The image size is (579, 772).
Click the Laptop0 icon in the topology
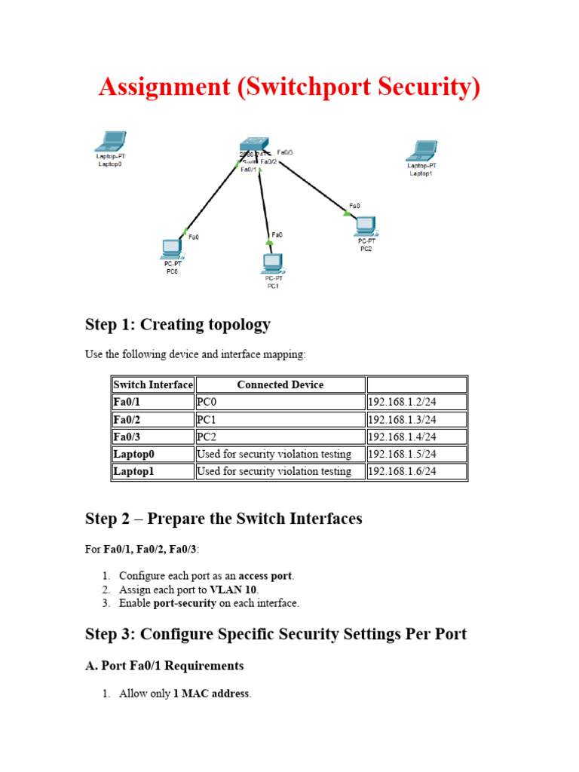pos(111,142)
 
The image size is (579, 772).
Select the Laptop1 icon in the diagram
pos(422,151)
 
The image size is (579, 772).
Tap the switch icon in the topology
pos(254,144)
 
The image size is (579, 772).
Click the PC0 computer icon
pos(172,250)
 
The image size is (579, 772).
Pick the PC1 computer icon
pos(273,264)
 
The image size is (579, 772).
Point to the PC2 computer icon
pos(366,226)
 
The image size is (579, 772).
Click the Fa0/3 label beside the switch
pos(285,152)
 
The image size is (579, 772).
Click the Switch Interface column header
pos(153,384)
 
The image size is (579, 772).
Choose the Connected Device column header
pos(280,384)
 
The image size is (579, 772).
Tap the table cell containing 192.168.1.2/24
pos(417,402)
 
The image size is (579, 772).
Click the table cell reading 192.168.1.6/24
pos(417,471)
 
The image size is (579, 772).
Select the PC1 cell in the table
pos(280,419)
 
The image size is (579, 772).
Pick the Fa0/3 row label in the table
pos(153,437)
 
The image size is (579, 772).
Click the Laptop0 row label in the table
pos(153,454)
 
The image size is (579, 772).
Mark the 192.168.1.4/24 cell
pos(417,437)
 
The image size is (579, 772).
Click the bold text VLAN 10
pos(233,590)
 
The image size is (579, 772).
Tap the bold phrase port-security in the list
pos(185,603)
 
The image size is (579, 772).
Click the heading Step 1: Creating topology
pos(178,324)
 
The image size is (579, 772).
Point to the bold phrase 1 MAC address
pos(211,694)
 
